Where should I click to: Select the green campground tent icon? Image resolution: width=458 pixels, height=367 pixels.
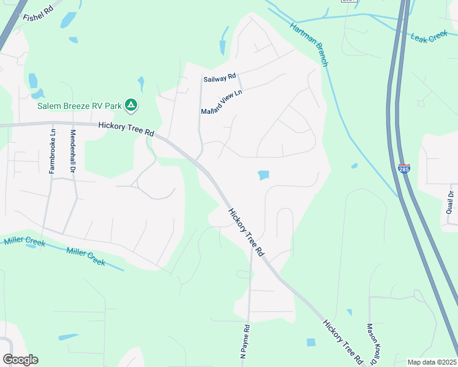point(130,106)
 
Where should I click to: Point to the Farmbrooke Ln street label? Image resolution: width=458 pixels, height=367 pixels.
point(53,150)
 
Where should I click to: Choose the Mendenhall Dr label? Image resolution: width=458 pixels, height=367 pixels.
point(73,150)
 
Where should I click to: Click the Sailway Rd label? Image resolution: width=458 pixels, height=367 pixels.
point(219,77)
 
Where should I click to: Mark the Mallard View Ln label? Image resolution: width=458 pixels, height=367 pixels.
point(222,102)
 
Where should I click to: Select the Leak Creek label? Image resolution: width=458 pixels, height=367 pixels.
point(430,38)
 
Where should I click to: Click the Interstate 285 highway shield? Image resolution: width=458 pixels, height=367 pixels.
point(404,168)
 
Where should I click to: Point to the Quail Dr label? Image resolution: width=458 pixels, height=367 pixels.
point(451,202)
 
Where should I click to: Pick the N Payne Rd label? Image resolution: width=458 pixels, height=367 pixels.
point(244,341)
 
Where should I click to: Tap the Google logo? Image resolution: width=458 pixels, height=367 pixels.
point(20,360)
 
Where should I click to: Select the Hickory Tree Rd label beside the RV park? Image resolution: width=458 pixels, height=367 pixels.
point(126,129)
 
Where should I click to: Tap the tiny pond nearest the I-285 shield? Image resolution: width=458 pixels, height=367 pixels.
point(355,166)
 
